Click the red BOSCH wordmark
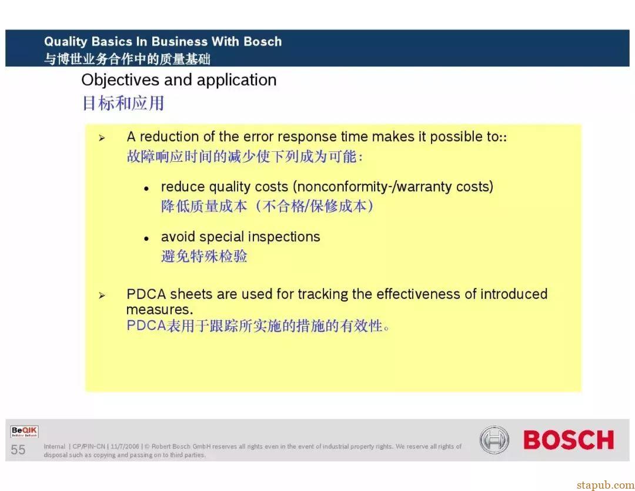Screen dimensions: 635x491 pyautogui.click(x=569, y=440)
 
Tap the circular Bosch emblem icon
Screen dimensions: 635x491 pyautogui.click(x=494, y=440)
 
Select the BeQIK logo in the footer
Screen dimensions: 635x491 pyautogui.click(x=24, y=432)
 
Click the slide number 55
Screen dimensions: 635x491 pyautogui.click(x=18, y=450)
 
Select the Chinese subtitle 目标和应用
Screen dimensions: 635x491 pyautogui.click(x=123, y=103)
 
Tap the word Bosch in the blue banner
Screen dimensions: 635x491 pyautogui.click(x=262, y=41)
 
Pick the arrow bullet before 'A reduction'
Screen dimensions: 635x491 pyautogui.click(x=102, y=138)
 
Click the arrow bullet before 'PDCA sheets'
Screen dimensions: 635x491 pyautogui.click(x=102, y=296)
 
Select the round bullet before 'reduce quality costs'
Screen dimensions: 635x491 pyautogui.click(x=146, y=188)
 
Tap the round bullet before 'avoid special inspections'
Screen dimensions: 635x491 pyautogui.click(x=146, y=239)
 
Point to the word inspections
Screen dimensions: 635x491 pyautogui.click(x=284, y=237)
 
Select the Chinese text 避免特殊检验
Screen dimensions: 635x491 pyautogui.click(x=204, y=256)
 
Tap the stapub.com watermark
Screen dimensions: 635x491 pyautogui.click(x=606, y=485)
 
